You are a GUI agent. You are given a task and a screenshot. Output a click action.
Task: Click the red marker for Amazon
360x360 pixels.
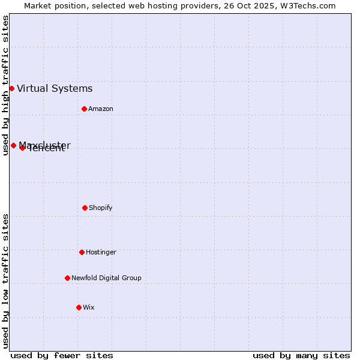click(x=84, y=109)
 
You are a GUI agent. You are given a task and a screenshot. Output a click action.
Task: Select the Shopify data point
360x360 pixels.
click(x=85, y=208)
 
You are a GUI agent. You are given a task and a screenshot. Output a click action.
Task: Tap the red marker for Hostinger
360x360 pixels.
click(x=82, y=252)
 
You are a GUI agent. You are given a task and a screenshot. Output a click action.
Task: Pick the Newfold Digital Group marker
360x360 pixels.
click(x=67, y=278)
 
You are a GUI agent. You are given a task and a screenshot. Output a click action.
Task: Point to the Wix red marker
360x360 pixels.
click(x=79, y=307)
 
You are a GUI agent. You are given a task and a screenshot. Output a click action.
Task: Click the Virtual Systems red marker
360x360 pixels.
click(x=11, y=88)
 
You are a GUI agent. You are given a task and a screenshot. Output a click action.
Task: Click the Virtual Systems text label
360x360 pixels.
click(x=55, y=89)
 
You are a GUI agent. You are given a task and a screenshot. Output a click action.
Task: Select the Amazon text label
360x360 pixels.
click(x=101, y=109)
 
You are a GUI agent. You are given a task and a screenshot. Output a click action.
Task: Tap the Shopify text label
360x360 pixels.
click(x=101, y=208)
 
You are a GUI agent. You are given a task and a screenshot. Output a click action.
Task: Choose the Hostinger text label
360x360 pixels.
click(x=101, y=252)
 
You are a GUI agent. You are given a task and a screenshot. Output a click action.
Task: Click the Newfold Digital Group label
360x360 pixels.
click(x=106, y=278)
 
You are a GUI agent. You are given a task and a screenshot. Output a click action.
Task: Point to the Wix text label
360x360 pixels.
click(x=89, y=307)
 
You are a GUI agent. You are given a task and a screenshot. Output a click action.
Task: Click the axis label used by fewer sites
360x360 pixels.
click(x=62, y=355)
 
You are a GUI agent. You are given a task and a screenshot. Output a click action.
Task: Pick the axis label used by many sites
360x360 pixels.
click(x=301, y=355)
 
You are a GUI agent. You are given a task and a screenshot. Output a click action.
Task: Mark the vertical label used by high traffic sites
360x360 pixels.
click(x=5, y=85)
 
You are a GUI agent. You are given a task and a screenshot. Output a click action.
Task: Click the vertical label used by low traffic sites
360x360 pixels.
click(x=5, y=281)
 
